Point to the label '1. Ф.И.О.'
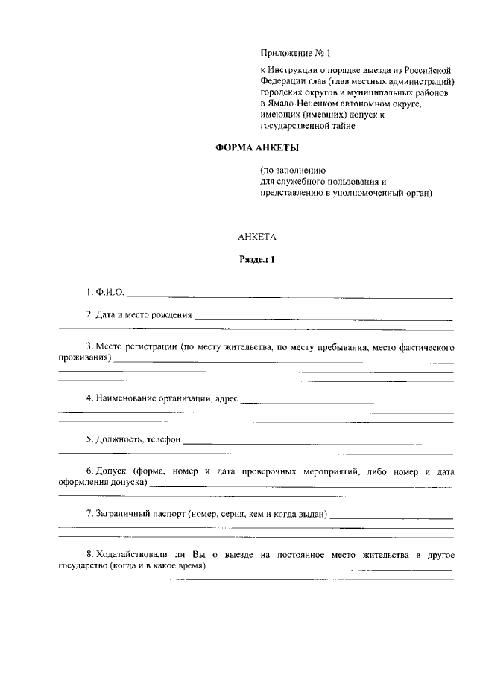(104, 292)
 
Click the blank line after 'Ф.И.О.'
(291, 296)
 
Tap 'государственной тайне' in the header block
(303, 126)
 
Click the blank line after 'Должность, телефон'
(317, 443)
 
